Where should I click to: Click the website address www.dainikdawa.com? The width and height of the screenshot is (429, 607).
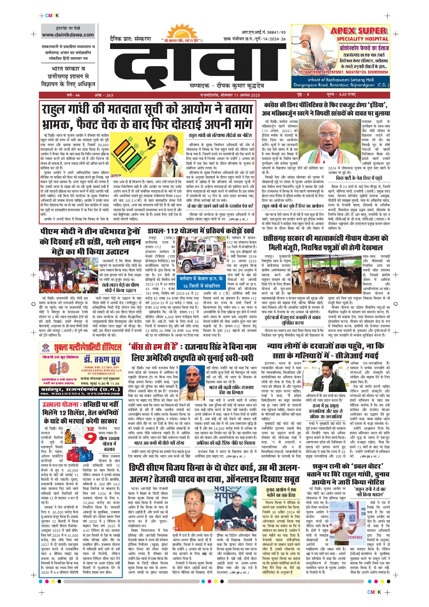68,35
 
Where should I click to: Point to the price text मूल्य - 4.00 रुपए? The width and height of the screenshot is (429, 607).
341,95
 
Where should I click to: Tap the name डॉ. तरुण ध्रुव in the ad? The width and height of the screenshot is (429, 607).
101,359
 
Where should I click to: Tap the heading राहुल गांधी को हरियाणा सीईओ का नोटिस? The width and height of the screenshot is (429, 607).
220,135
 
